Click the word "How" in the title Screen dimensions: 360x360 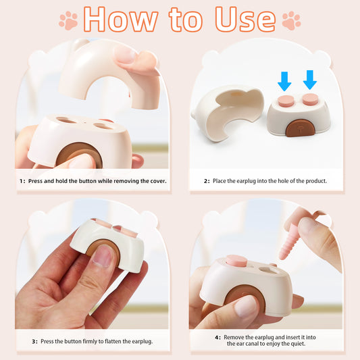(118, 20)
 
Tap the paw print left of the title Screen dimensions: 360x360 (68, 21)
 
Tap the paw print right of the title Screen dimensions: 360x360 (291, 21)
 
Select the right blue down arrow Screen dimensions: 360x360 (310, 80)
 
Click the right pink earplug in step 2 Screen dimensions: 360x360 (310, 99)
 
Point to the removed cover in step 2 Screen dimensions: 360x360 (226, 111)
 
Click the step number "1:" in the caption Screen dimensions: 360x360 (22, 181)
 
